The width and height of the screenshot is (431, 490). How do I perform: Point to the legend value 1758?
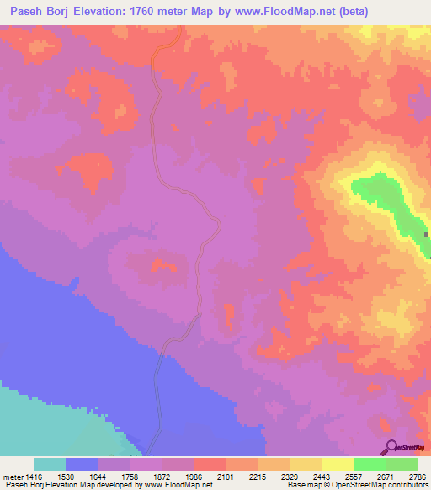pyautogui.click(x=130, y=476)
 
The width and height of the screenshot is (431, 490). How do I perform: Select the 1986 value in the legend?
pyautogui.click(x=193, y=476)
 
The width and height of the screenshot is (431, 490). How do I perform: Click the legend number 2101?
pyautogui.click(x=225, y=476)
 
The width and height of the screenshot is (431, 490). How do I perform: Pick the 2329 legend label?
pyautogui.click(x=289, y=476)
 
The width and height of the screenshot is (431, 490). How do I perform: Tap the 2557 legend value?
pyautogui.click(x=353, y=476)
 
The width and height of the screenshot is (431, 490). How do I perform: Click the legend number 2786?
pyautogui.click(x=417, y=476)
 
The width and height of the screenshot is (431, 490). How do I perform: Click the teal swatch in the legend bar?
pyautogui.click(x=50, y=464)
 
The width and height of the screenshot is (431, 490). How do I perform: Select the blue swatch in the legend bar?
pyautogui.click(x=82, y=464)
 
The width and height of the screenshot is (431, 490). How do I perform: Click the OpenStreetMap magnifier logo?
pyautogui.click(x=392, y=447)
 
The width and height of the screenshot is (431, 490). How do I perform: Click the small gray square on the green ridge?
pyautogui.click(x=427, y=235)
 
